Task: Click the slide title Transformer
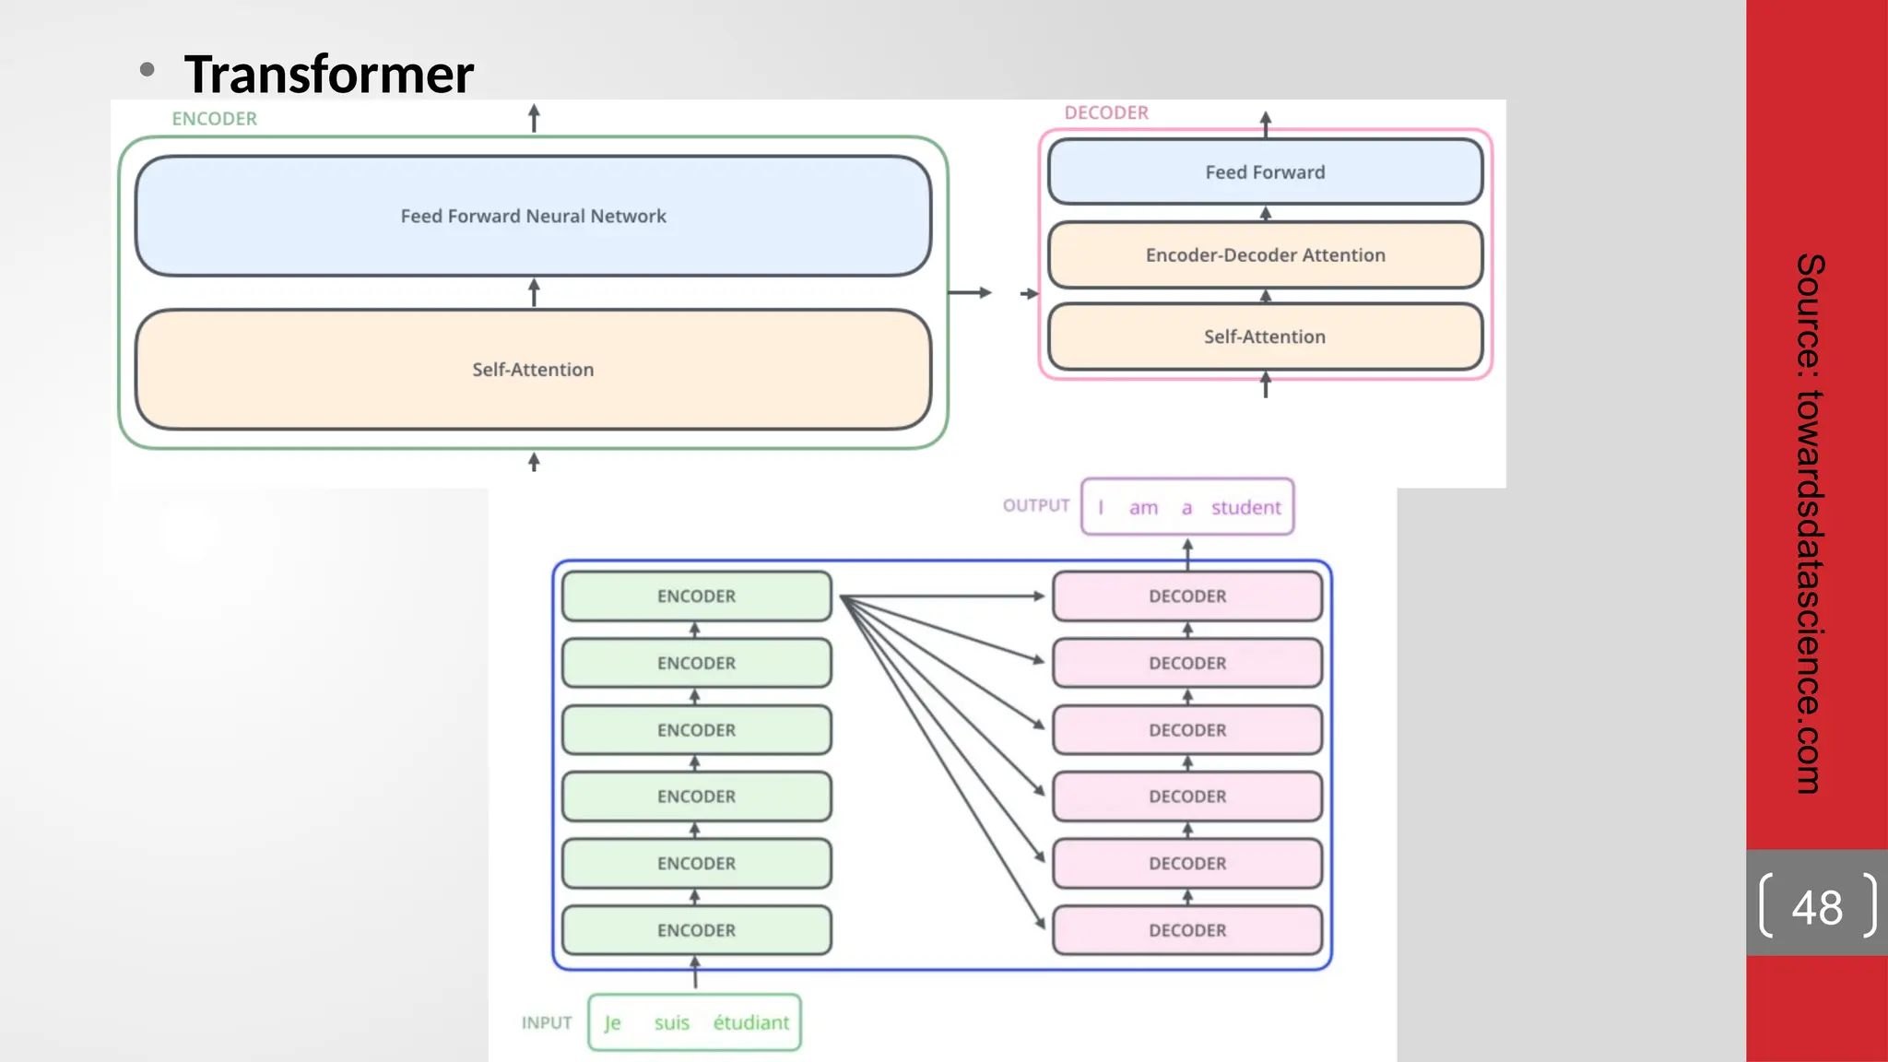(x=328, y=74)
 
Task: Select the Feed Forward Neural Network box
(x=533, y=216)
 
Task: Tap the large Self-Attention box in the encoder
(x=533, y=369)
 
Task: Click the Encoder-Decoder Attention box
(x=1265, y=255)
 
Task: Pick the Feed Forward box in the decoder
(x=1265, y=172)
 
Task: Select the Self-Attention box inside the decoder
(x=1265, y=336)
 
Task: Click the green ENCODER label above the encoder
(x=214, y=119)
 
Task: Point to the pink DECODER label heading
(x=1106, y=112)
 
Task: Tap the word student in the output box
(x=1245, y=507)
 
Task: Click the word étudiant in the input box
(x=750, y=1022)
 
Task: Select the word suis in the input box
(x=671, y=1022)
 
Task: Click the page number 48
(x=1816, y=907)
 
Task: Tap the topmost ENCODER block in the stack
(x=696, y=596)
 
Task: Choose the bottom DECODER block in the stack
(x=1187, y=930)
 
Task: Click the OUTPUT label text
(x=1036, y=505)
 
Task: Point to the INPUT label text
(x=547, y=1022)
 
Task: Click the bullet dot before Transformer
(x=147, y=69)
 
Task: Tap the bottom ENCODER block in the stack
(x=696, y=930)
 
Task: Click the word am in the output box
(x=1143, y=507)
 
